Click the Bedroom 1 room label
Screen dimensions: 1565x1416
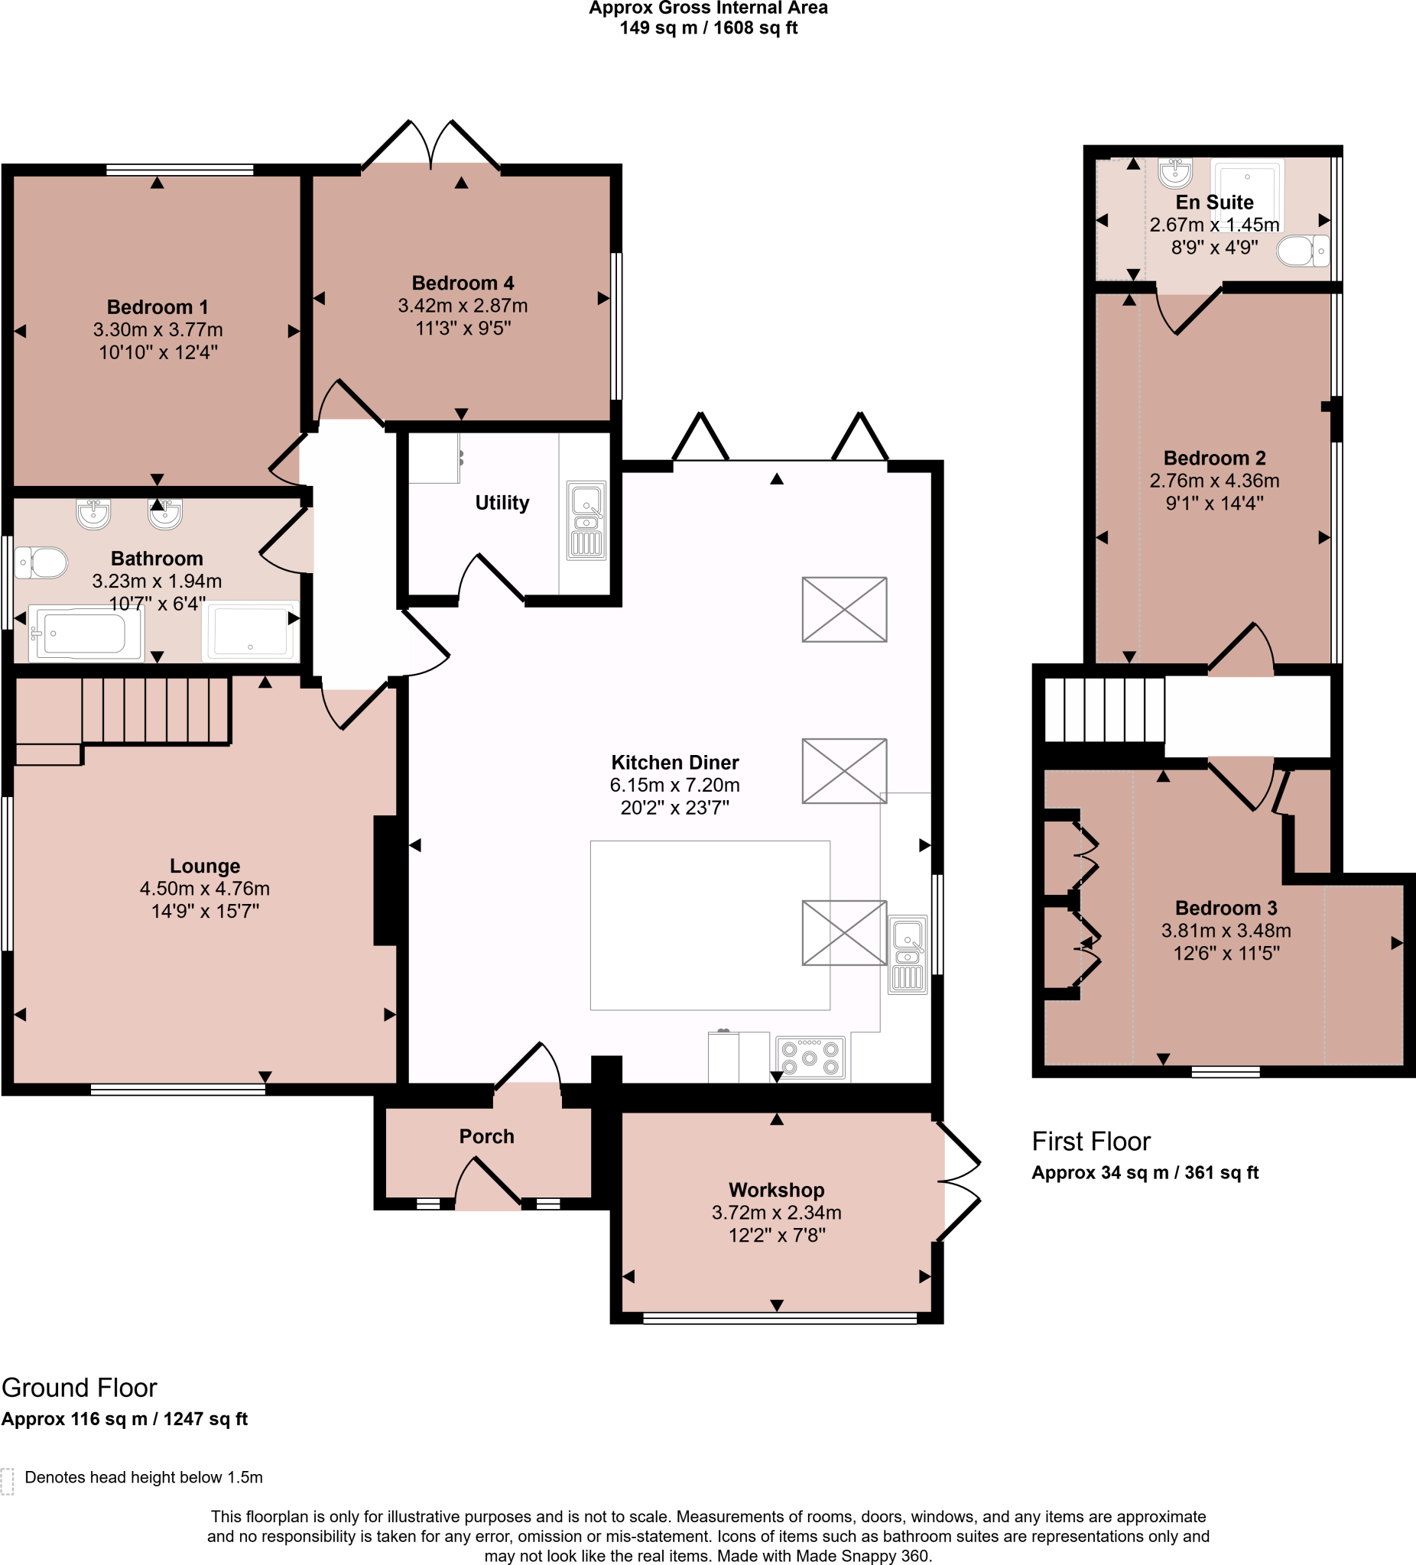[157, 306]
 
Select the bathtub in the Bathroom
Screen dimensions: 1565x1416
[86, 633]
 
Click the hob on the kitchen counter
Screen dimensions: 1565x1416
[810, 1058]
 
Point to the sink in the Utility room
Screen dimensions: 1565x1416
[586, 520]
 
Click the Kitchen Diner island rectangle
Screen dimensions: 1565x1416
[710, 925]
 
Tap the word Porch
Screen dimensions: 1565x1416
[486, 1136]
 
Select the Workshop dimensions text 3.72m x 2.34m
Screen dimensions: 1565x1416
[776, 1212]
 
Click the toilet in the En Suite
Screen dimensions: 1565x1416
[1303, 251]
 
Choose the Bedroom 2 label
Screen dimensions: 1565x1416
[1214, 458]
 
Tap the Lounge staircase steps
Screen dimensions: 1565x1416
[155, 711]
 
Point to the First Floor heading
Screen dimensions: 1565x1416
[1090, 1141]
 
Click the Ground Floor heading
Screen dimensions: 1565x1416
[80, 1387]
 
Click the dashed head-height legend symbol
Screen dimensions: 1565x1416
[8, 1481]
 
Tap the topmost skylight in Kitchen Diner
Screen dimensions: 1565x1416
[844, 609]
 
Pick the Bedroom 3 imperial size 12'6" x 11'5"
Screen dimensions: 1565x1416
[1226, 952]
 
